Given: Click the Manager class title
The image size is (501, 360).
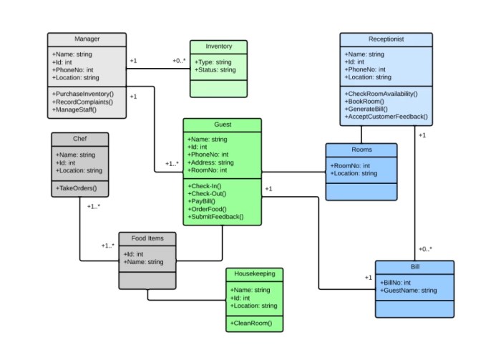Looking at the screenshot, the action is click(x=87, y=39).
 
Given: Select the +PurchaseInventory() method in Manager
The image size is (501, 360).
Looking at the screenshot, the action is click(x=83, y=94).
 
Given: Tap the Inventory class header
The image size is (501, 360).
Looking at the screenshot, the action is click(x=219, y=47).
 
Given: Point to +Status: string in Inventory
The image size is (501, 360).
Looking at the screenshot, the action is click(x=215, y=70).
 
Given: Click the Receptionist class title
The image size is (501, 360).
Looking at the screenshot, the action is click(x=386, y=39).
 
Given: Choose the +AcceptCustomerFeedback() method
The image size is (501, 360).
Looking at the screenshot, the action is click(x=386, y=117).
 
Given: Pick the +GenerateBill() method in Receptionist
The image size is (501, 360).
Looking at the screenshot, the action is click(x=366, y=109).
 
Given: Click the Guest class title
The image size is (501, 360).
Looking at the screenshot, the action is click(x=223, y=125).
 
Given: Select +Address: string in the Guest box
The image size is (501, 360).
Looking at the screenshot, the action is click(x=210, y=162).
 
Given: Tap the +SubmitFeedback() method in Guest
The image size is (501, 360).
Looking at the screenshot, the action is click(x=215, y=217).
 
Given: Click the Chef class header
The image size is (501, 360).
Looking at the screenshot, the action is click(x=80, y=139).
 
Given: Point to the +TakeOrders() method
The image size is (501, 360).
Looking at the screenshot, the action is click(x=77, y=188).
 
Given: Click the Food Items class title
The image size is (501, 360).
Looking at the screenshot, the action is click(x=147, y=238).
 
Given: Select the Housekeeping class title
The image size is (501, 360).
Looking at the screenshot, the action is click(x=255, y=273).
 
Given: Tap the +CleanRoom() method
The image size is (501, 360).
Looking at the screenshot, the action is click(x=251, y=323).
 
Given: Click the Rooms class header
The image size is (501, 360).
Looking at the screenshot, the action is click(x=361, y=150).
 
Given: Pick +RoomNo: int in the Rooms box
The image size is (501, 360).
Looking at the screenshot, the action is click(x=350, y=166).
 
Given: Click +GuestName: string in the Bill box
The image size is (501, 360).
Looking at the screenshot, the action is click(x=409, y=291).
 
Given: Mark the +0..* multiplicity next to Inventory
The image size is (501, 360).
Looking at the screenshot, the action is click(x=179, y=61).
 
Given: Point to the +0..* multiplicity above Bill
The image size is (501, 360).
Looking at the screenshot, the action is click(x=425, y=249).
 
